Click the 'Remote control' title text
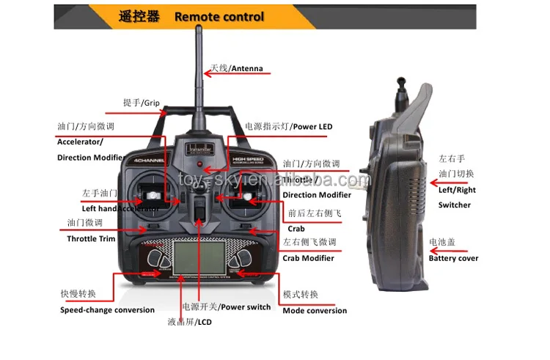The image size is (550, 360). click(x=219, y=16)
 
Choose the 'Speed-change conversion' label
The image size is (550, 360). click(x=107, y=309)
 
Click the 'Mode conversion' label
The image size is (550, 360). click(x=315, y=310)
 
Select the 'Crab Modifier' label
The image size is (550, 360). click(x=308, y=257)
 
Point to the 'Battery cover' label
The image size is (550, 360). click(x=453, y=258)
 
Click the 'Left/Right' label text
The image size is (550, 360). click(x=457, y=190)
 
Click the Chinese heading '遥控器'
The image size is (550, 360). click(x=139, y=16)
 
